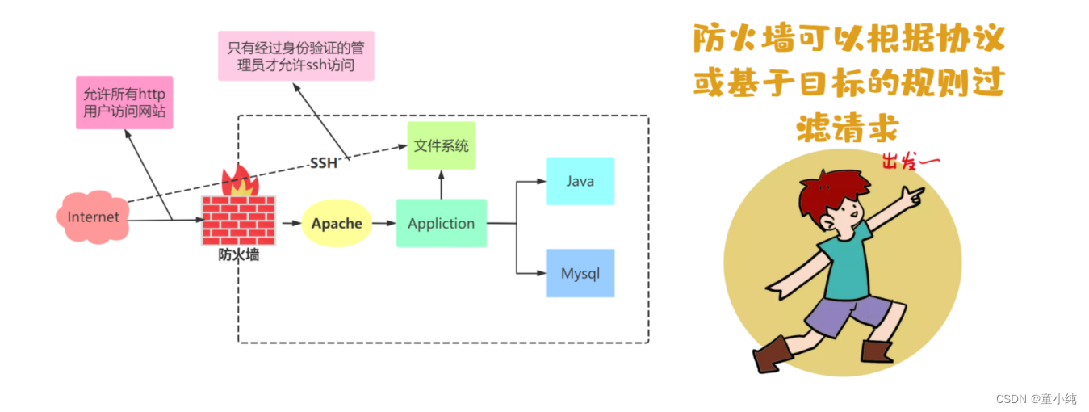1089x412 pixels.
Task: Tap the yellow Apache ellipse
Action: (x=337, y=223)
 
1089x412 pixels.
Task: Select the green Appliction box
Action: (x=441, y=223)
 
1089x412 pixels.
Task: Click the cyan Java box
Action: (x=580, y=181)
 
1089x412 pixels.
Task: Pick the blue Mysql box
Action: (x=580, y=273)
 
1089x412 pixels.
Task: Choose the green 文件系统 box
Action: (x=441, y=146)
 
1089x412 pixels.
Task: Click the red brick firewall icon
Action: (x=237, y=220)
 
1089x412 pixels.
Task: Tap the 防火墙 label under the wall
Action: (x=238, y=255)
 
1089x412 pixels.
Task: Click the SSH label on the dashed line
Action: (x=324, y=164)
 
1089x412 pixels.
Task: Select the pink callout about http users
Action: (x=124, y=103)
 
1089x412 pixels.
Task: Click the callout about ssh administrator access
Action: (x=295, y=56)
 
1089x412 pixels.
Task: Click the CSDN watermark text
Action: (x=1036, y=398)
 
